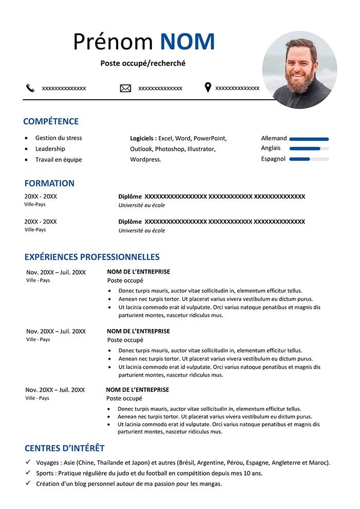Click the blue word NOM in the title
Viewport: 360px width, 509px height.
187,42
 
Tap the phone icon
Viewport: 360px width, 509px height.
30,88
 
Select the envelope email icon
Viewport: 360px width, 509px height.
125,88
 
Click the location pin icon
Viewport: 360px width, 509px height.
208,87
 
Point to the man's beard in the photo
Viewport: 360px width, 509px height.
300,82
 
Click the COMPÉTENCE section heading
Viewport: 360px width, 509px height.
51,122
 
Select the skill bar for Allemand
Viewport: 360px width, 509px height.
309,139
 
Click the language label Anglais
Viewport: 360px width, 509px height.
271,148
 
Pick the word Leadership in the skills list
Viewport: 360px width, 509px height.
50,149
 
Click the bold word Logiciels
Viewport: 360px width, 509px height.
142,138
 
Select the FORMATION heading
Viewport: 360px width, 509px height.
49,183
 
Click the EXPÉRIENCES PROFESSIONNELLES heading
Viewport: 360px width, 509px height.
92,257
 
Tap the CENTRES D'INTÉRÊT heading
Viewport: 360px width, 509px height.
64,448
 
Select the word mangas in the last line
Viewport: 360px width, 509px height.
210,484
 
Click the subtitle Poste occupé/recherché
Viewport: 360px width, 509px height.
143,63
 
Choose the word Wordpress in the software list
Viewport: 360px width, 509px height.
145,159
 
